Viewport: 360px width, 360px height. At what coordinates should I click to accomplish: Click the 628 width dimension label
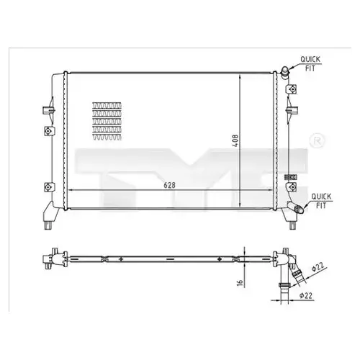pyautogui.click(x=170, y=185)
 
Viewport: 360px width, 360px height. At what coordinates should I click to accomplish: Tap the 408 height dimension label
pyautogui.click(x=235, y=140)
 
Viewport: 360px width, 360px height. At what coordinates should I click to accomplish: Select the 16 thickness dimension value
pyautogui.click(x=240, y=282)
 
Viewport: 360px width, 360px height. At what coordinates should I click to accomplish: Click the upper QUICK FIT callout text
pyautogui.click(x=310, y=63)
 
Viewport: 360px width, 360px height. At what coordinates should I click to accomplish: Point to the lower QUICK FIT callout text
pyautogui.click(x=321, y=201)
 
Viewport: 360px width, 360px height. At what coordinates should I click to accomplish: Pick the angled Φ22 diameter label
pyautogui.click(x=318, y=267)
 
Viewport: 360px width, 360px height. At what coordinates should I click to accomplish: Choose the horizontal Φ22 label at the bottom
pyautogui.click(x=306, y=295)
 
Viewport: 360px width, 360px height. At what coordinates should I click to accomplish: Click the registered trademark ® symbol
pyautogui.click(x=318, y=141)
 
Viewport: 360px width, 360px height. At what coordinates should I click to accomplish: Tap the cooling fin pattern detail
pyautogui.click(x=107, y=121)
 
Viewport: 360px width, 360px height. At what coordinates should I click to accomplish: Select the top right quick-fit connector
pyautogui.click(x=286, y=72)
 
